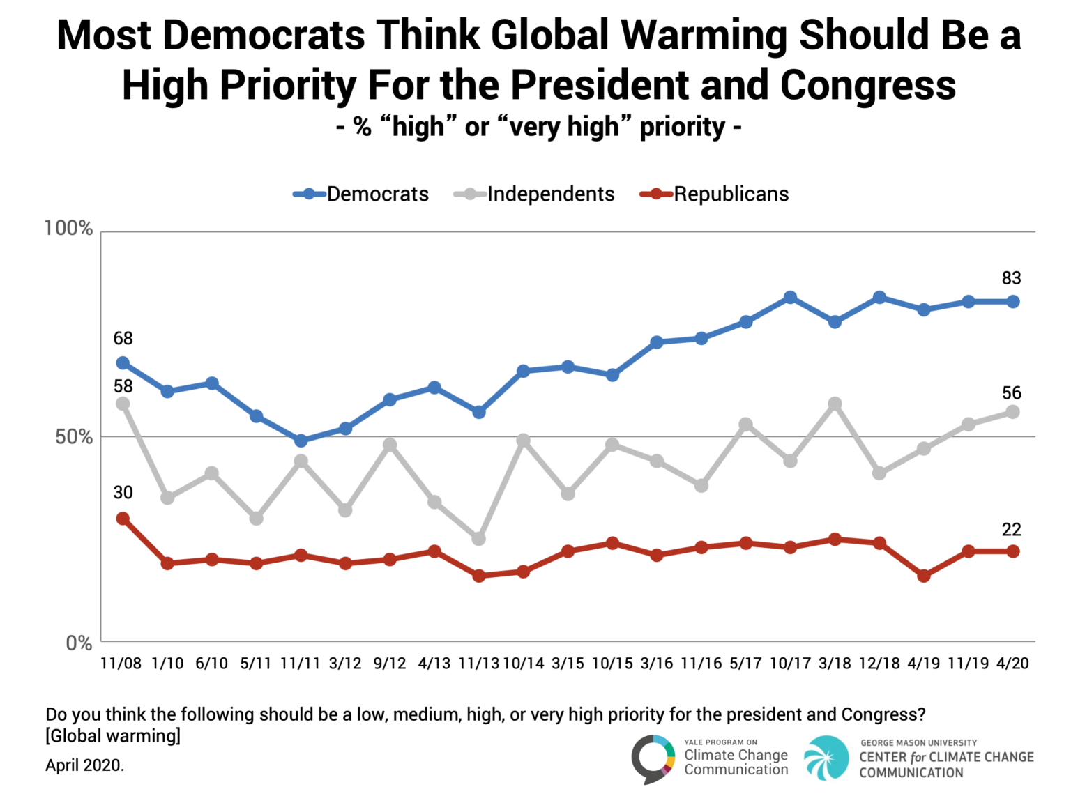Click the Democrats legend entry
(x=361, y=194)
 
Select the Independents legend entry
(x=535, y=194)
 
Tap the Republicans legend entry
(x=715, y=194)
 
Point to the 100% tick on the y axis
(x=68, y=228)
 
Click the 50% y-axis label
(x=73, y=437)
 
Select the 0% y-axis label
(x=79, y=643)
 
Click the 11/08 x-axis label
(x=121, y=663)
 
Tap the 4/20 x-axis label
(x=1012, y=663)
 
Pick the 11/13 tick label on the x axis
(x=478, y=663)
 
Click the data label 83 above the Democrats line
(x=1011, y=278)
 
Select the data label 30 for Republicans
(x=123, y=493)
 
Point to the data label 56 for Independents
(x=1011, y=393)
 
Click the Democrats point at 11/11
(x=301, y=441)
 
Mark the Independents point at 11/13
(x=478, y=539)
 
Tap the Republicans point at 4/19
(x=924, y=576)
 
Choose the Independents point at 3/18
(x=835, y=404)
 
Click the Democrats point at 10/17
(x=790, y=298)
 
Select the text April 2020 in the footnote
(x=84, y=765)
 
